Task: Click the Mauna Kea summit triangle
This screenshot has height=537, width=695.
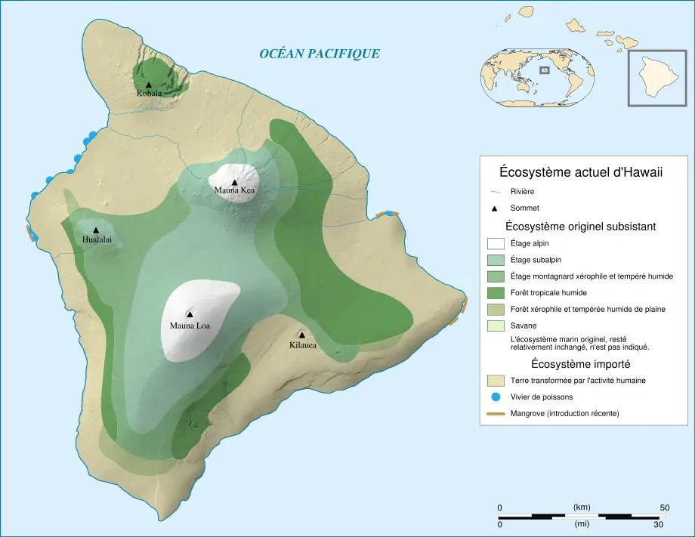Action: click(x=235, y=182)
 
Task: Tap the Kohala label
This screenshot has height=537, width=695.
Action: click(x=149, y=94)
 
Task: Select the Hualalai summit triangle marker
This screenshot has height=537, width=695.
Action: click(x=96, y=230)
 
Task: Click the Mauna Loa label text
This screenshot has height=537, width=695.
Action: click(x=190, y=326)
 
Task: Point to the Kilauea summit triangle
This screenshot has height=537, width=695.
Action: click(x=301, y=335)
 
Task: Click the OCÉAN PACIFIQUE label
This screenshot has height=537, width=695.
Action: click(x=319, y=54)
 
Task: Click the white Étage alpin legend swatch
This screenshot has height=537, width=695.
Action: click(x=496, y=243)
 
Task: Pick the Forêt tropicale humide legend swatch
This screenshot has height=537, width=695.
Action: click(x=496, y=292)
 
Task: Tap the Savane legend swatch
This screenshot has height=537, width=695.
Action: click(x=496, y=326)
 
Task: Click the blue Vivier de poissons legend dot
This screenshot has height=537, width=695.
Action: click(x=496, y=397)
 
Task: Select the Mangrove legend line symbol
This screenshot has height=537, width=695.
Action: click(x=496, y=413)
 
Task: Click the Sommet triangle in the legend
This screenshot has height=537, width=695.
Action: click(x=496, y=208)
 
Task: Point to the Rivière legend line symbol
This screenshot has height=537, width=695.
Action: click(x=496, y=192)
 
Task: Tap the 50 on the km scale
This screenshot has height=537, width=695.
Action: click(x=665, y=507)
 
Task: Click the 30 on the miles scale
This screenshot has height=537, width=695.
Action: click(x=658, y=524)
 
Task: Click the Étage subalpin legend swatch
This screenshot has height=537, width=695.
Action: click(x=496, y=260)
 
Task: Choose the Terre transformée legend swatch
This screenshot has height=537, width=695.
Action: click(x=496, y=380)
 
